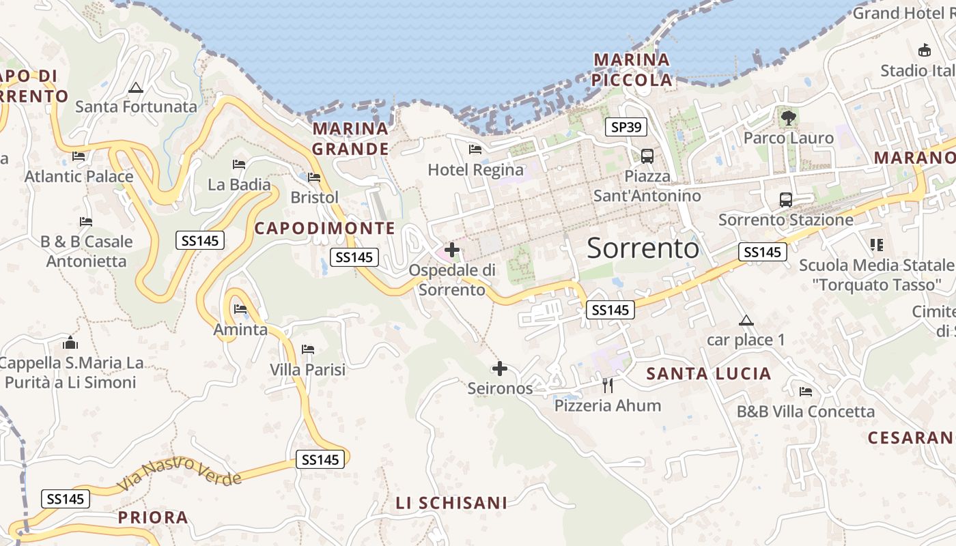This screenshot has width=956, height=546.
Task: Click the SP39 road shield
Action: pyautogui.click(x=626, y=127)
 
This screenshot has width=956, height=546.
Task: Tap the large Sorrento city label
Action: pyautogui.click(x=643, y=248)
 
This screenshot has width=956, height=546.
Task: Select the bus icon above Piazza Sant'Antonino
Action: pyautogui.click(x=647, y=156)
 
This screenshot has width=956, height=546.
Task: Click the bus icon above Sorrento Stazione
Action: pyautogui.click(x=786, y=200)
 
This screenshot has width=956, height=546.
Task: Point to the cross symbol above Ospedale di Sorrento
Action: pyautogui.click(x=451, y=250)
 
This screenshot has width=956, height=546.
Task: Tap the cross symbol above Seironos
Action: pyautogui.click(x=500, y=369)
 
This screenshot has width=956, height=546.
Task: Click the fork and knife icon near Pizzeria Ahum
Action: pyautogui.click(x=608, y=386)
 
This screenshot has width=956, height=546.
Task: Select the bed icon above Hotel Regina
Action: pyautogui.click(x=475, y=149)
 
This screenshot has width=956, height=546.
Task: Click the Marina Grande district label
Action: pyautogui.click(x=350, y=139)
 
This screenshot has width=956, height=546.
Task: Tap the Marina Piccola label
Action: pyautogui.click(x=632, y=70)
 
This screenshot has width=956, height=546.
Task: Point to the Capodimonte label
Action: pyautogui.click(x=324, y=229)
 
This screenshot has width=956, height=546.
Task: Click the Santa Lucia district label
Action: pyautogui.click(x=709, y=373)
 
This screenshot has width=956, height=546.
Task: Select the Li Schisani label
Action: pyautogui.click(x=451, y=503)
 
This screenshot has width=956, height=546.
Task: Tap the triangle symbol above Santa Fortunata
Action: pyautogui.click(x=136, y=87)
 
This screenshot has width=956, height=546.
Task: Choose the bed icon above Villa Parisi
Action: pyautogui.click(x=308, y=350)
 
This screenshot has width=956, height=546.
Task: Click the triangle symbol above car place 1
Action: pyautogui.click(x=746, y=320)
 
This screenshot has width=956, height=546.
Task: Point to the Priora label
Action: pyautogui.click(x=153, y=517)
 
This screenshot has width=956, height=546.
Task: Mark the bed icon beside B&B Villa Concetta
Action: pyautogui.click(x=806, y=392)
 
